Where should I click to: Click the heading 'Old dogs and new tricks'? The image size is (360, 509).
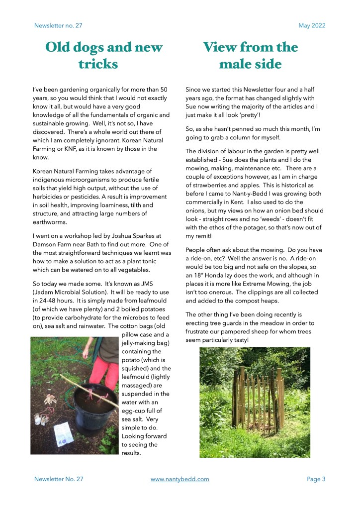103,55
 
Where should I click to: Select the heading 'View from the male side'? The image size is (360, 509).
250,55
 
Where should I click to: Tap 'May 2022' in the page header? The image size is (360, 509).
312,25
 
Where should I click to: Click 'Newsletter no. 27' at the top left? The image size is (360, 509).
58,25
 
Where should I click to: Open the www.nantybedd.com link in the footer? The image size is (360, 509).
180,479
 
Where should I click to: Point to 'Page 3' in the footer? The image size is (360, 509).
316,479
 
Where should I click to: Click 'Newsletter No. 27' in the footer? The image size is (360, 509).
59,479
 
